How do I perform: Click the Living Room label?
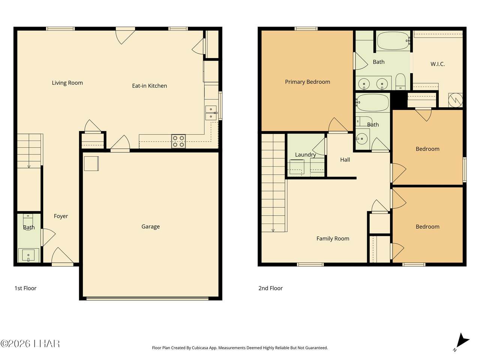67,83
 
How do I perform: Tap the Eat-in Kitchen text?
149,85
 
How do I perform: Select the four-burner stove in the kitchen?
178,141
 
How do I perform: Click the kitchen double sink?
211,113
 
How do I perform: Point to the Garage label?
150,226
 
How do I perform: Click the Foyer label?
61,216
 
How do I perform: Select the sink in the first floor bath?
28,255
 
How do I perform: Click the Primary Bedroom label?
307,82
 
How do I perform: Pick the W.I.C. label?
438,64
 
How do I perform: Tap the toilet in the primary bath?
400,81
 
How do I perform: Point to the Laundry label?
306,155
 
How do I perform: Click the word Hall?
345,160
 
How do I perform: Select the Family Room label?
333,238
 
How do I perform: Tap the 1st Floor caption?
25,288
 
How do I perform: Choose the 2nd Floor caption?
270,288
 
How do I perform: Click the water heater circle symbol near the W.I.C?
456,100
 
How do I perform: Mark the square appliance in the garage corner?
91,163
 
